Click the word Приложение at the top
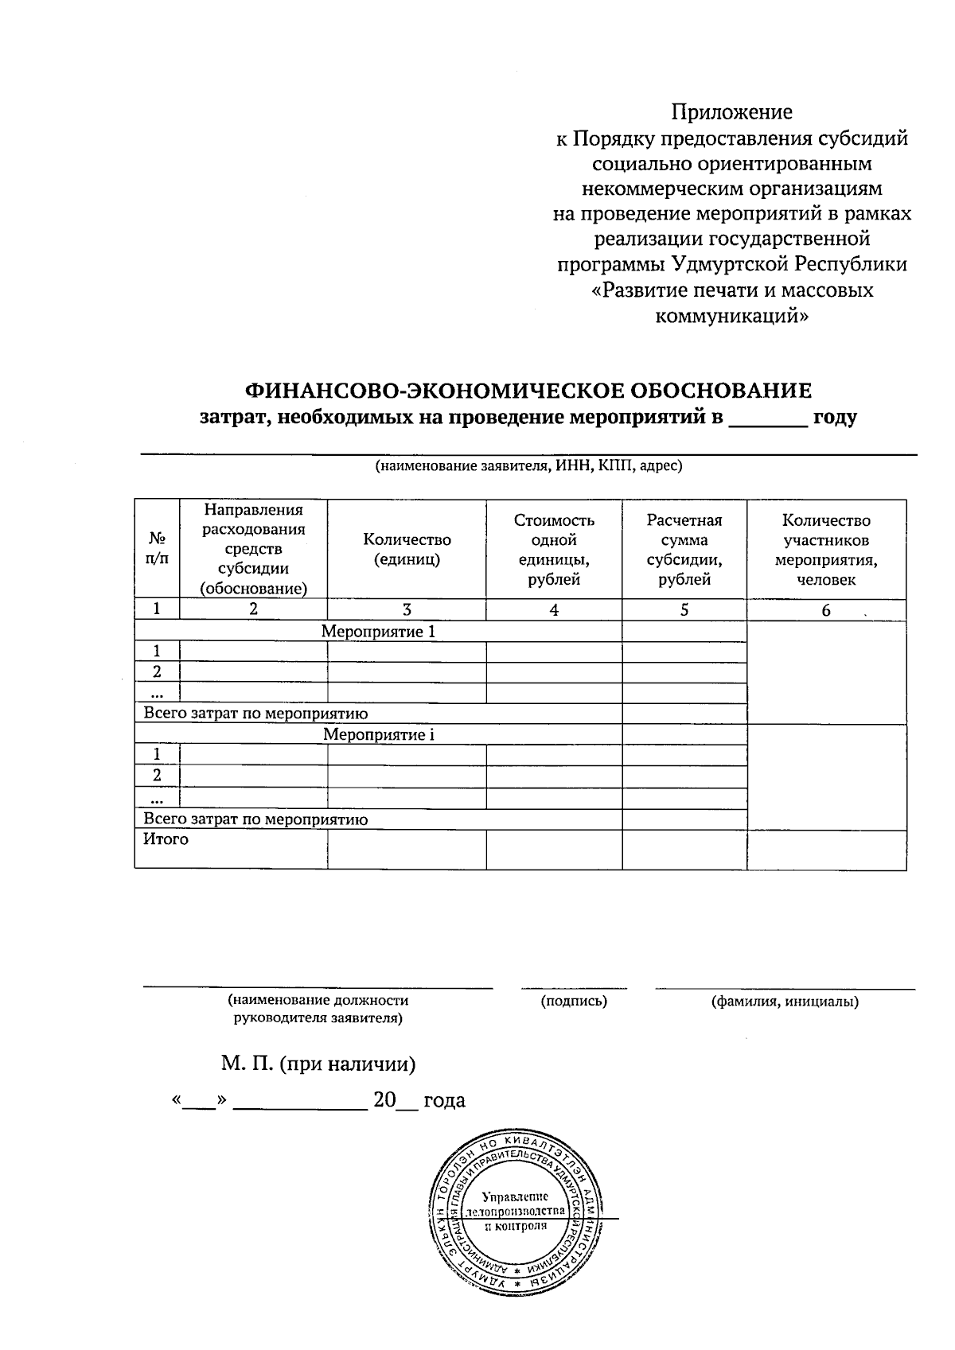(x=731, y=112)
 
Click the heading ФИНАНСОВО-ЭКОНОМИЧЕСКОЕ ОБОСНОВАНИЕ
(x=528, y=391)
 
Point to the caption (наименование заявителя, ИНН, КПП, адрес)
(x=528, y=466)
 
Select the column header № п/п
(x=158, y=549)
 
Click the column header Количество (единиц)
(x=407, y=549)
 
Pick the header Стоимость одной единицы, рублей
(x=554, y=549)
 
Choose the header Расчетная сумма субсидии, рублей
(x=684, y=549)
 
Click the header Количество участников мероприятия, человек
(x=826, y=549)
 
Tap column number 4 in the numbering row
(x=554, y=610)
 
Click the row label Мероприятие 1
(x=379, y=632)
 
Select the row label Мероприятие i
(x=379, y=735)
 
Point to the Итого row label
(x=166, y=839)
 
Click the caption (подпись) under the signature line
(x=574, y=1002)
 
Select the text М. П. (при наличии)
(x=318, y=1064)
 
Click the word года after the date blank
(x=444, y=1101)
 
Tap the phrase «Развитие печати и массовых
(x=731, y=290)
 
